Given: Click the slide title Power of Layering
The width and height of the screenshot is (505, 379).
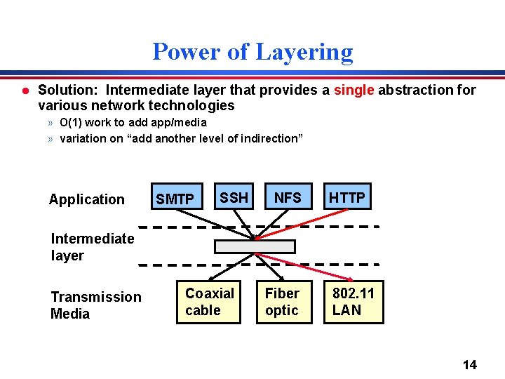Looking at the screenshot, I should pos(252,52).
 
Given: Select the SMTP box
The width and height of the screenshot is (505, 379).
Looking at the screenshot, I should pos(175,199).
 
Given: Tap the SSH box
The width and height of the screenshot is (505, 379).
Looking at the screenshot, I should pos(234,198).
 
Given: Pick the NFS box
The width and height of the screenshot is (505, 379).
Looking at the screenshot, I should pos(288,198).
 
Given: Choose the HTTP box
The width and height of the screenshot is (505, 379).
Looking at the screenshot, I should pos(347,198).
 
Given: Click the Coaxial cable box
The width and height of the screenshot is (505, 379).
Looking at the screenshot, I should pos(208,302).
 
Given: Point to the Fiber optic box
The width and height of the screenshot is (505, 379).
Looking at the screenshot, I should pos(282,302).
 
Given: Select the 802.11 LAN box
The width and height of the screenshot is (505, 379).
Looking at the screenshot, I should pos(353,302).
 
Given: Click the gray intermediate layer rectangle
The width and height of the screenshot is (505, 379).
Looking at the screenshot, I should pos(255,246).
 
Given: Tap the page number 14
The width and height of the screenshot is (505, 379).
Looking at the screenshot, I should pos(470,364).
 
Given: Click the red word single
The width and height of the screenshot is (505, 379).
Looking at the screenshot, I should pos(354,90).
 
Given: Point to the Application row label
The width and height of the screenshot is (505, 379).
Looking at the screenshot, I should pos(87,199).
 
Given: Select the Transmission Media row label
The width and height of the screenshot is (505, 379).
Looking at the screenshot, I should pos(96,305).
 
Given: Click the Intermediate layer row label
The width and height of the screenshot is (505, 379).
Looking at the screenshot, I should pos(92,247).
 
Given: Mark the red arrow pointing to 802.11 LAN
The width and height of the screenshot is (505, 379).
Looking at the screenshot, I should pos(302,267).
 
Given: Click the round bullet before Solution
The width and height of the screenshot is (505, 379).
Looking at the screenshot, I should pos(25,91).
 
